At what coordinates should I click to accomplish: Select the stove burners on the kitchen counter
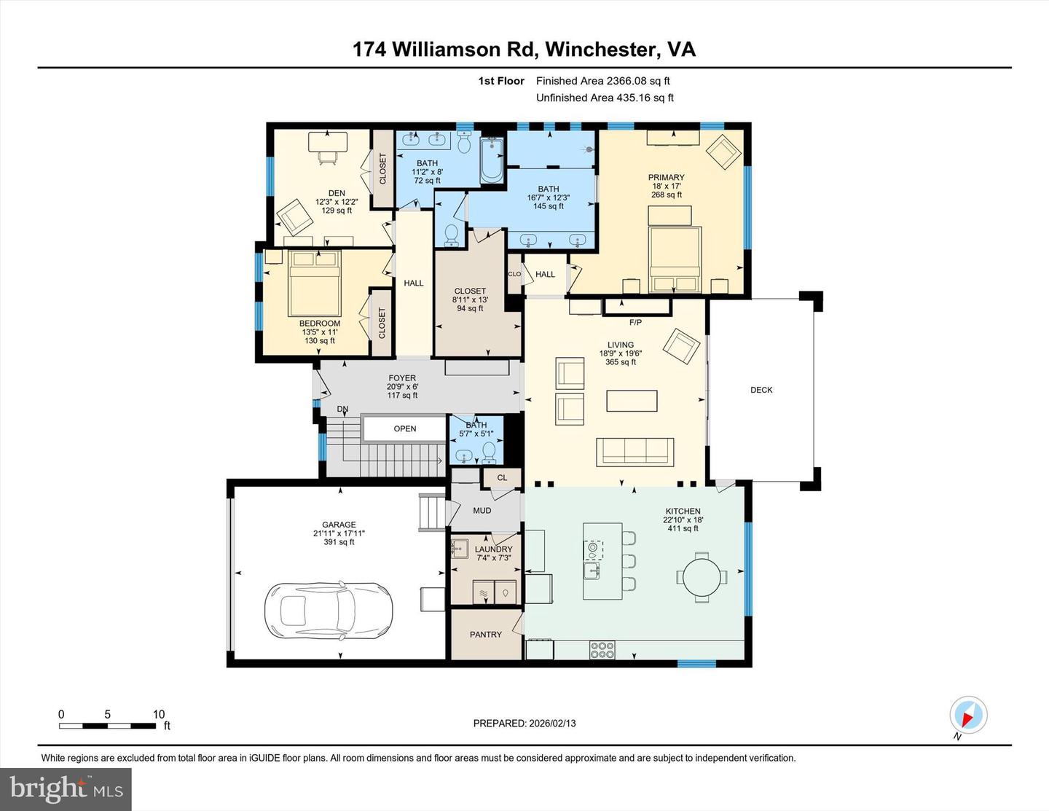click(x=602, y=649)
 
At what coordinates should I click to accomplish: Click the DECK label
click(x=761, y=390)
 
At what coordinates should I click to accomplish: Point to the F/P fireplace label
click(x=635, y=322)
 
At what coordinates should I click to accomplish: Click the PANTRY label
click(x=486, y=635)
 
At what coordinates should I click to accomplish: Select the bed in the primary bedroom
click(x=675, y=258)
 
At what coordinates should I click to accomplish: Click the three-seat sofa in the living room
click(x=634, y=451)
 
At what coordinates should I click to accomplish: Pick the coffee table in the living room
click(x=632, y=401)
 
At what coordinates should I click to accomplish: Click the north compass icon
click(x=968, y=715)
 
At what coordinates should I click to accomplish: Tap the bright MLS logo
click(x=66, y=789)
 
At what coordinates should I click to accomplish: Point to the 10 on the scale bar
click(x=159, y=714)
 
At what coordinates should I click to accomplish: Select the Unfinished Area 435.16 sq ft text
click(x=605, y=98)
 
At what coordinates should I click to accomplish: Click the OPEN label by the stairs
click(x=405, y=428)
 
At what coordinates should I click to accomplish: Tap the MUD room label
click(x=482, y=510)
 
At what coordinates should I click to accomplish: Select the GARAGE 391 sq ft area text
click(x=339, y=542)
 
